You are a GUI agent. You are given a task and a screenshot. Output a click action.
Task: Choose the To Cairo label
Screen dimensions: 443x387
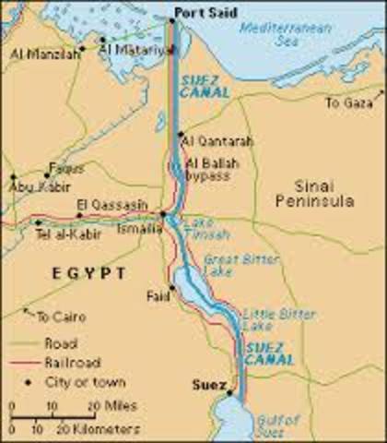click(62, 317)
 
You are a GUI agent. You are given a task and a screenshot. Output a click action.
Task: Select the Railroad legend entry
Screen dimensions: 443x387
click(73, 363)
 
